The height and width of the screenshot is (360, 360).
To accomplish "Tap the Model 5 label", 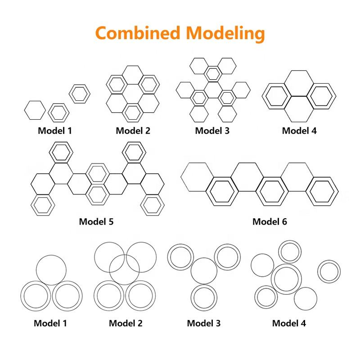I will point(96,221).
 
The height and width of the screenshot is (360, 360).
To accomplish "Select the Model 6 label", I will point(270,221).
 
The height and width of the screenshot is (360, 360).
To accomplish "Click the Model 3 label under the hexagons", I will point(212,131).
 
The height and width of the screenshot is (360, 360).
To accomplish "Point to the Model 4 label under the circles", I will point(289,323).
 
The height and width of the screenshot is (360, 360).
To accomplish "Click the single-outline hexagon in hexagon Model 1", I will point(34,110).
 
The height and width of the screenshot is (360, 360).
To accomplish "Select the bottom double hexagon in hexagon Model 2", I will point(132,112).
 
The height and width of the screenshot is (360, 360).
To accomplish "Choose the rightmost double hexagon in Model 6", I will point(324,190).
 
